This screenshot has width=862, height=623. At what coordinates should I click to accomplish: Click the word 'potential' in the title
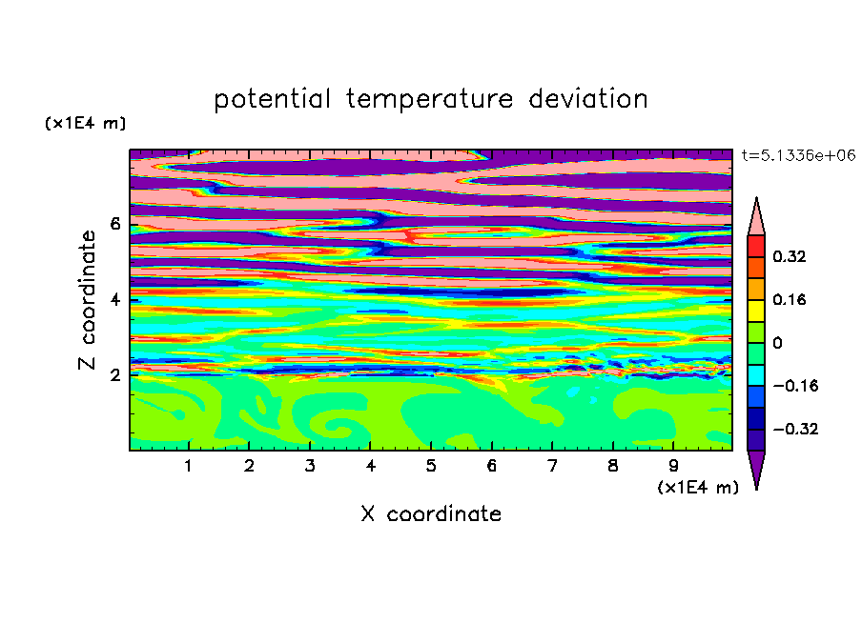tap(272, 99)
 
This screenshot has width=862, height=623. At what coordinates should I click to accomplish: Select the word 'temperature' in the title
tap(429, 99)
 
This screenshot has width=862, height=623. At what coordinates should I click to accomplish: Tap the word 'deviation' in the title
tap(587, 99)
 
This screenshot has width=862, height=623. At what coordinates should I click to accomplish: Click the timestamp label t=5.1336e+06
tap(798, 155)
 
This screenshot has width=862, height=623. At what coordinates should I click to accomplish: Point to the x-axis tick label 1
tap(189, 466)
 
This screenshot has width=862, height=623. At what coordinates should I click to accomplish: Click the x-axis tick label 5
tap(431, 466)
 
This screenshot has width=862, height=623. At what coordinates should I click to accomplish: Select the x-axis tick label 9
tap(673, 466)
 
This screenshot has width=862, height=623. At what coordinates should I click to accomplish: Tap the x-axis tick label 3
tap(310, 466)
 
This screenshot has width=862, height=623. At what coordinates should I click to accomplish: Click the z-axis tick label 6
tap(114, 224)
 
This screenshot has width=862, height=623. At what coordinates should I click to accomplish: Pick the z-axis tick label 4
tap(114, 299)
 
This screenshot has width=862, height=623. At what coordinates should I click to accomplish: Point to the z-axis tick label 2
tap(114, 374)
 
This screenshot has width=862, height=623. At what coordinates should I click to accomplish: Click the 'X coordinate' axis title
tap(431, 513)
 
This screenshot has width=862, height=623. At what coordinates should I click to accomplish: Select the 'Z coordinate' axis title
tap(87, 299)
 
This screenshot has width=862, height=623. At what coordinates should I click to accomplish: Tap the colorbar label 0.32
tap(789, 256)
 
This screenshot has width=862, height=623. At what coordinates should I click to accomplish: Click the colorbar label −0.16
tap(795, 386)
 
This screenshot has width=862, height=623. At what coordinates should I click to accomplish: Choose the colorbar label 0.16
tap(789, 299)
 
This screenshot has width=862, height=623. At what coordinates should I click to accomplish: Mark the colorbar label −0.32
tap(795, 429)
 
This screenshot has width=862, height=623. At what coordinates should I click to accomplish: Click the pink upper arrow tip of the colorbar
tap(756, 198)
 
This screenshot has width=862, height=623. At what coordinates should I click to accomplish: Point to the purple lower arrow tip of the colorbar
tap(756, 489)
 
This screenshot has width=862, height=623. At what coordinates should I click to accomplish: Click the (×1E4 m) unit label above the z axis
tap(85, 123)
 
